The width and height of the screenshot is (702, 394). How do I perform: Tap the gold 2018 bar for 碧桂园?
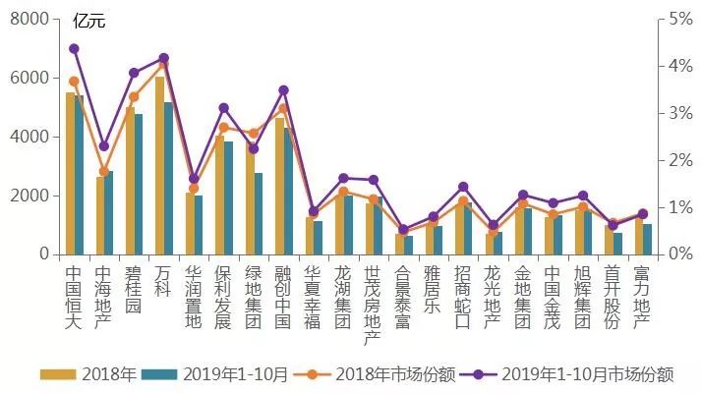coord(130,181)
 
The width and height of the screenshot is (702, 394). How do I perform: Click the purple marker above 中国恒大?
coord(74,48)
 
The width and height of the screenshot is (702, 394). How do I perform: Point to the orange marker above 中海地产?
coord(103,171)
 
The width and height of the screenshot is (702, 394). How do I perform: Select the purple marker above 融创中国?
coord(283,90)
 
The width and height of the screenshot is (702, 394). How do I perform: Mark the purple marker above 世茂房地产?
coord(373,180)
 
